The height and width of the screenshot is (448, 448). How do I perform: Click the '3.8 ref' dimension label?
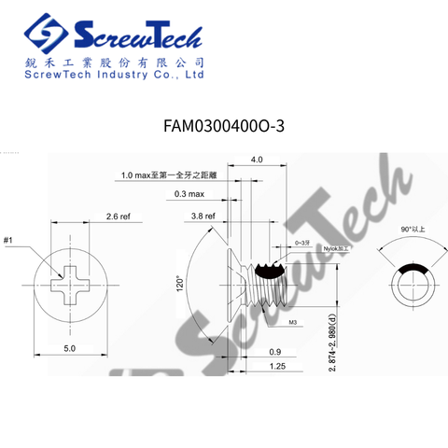coord(203,216)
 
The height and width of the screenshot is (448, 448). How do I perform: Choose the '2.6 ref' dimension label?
coord(118,216)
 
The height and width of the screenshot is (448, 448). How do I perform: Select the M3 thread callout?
coord(292,322)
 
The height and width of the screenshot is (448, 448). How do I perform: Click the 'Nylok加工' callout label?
coord(335,249)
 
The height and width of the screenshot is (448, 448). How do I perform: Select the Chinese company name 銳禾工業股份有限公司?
coord(112,62)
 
